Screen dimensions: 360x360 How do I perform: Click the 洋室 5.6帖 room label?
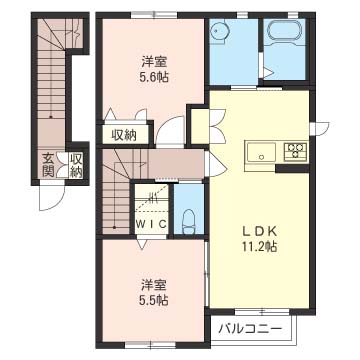click(154, 70)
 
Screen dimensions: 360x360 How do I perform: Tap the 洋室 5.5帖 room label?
click(154, 293)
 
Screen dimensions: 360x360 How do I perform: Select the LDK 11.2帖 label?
click(259, 239)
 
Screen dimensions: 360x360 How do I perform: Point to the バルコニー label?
click(250, 329)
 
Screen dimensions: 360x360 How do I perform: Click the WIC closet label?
click(151, 224)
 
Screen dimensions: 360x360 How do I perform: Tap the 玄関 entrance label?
click(48, 165)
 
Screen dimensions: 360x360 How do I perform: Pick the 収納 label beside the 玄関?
click(76, 165)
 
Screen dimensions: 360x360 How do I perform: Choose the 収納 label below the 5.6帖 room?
click(124, 135)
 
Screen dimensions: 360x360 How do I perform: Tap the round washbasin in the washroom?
click(220, 32)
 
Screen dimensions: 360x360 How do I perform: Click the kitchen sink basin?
click(262, 153)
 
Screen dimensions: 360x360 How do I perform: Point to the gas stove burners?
click(295, 150)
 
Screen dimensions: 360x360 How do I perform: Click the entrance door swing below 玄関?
click(51, 197)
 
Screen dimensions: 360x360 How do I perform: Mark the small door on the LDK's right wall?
click(319, 129)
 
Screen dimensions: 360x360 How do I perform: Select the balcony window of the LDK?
click(262, 312)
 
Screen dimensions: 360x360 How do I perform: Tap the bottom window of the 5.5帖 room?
click(150, 345)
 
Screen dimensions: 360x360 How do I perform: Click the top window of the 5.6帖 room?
click(154, 15)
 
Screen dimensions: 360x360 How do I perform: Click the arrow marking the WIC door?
click(142, 244)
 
